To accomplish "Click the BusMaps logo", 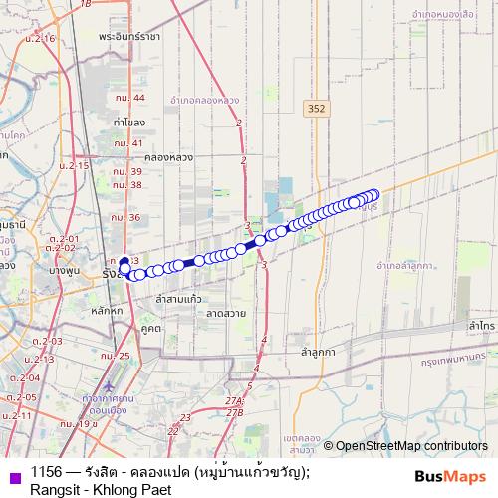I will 445,477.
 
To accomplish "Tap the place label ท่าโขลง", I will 129,122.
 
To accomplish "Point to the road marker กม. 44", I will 129,98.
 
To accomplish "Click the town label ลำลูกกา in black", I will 323,352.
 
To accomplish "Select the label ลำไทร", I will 483,326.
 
